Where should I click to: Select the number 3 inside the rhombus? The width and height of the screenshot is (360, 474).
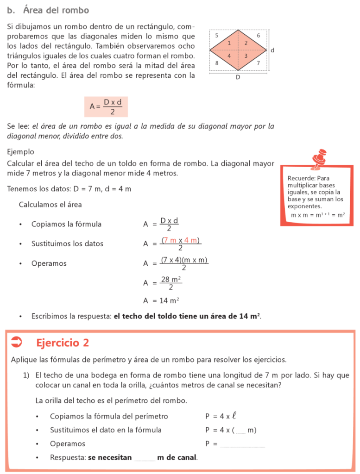(246, 56)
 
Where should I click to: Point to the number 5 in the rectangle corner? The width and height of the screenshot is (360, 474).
(217, 35)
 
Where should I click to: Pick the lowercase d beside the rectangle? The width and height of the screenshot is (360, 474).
(272, 50)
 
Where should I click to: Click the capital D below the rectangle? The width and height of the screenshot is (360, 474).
(238, 77)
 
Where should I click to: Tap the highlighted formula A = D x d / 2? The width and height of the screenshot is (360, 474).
(106, 106)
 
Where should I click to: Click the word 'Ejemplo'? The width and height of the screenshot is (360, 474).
(20, 152)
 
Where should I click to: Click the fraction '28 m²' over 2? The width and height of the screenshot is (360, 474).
(171, 283)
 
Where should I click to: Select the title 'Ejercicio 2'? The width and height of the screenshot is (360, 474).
(62, 343)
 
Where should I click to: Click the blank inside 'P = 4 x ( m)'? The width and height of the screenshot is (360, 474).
(241, 431)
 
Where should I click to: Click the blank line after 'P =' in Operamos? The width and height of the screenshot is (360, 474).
(243, 445)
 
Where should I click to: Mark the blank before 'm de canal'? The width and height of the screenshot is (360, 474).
(145, 458)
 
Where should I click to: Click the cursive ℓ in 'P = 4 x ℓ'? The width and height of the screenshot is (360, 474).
(234, 416)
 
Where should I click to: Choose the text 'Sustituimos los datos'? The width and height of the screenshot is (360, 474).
(67, 244)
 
